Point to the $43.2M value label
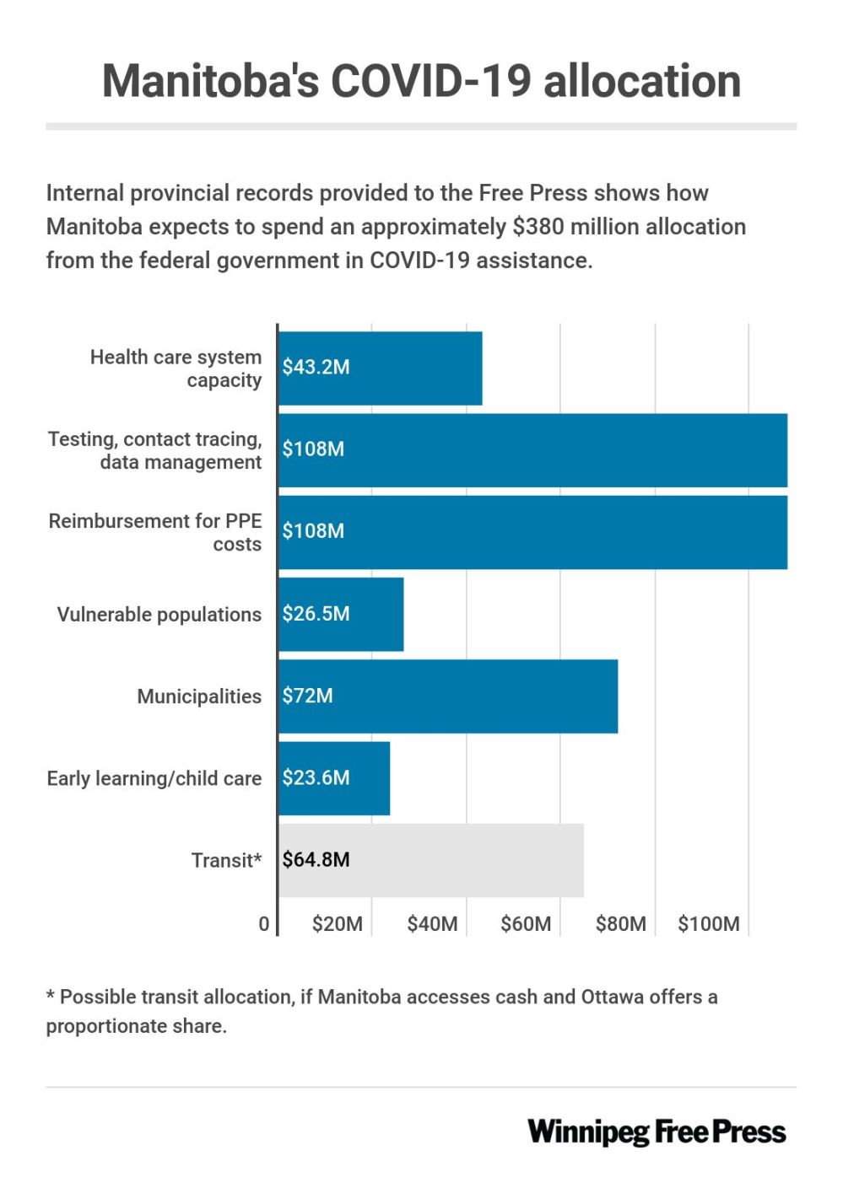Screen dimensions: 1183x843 point(316,367)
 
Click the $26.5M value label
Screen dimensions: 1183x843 point(316,613)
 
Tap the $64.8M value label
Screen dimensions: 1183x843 point(316,859)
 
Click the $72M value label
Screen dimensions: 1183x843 point(307,696)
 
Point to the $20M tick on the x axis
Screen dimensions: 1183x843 point(338,924)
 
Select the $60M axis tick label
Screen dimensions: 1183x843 point(526,924)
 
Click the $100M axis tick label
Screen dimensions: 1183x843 point(709,924)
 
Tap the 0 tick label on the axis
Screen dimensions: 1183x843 point(264,924)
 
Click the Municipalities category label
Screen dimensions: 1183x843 point(199,696)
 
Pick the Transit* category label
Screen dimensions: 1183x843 point(226,860)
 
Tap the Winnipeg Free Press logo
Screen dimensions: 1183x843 point(657,1132)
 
